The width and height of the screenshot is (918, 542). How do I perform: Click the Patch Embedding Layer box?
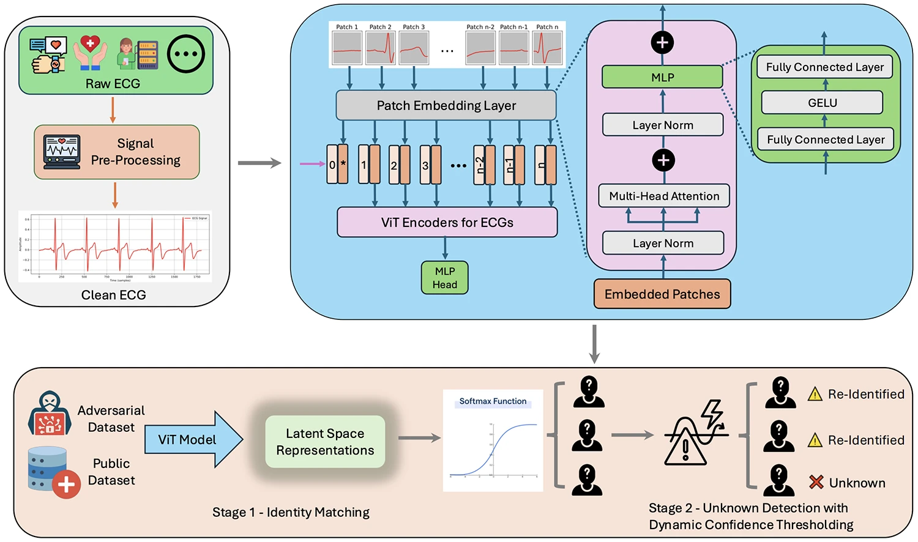click(x=446, y=105)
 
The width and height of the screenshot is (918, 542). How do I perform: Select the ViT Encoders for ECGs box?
click(x=447, y=222)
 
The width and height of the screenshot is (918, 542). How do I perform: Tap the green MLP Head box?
click(x=444, y=278)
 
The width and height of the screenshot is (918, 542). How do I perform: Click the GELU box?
click(x=822, y=103)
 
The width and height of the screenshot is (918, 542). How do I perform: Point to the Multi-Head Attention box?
click(x=664, y=196)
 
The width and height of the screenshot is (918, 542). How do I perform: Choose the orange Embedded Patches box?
click(x=662, y=294)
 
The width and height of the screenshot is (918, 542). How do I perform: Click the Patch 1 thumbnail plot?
click(x=347, y=48)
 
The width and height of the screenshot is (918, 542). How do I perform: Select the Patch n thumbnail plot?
click(x=547, y=48)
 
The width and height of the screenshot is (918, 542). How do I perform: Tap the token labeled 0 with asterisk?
click(x=337, y=165)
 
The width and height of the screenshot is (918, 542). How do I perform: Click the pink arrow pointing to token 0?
click(x=312, y=164)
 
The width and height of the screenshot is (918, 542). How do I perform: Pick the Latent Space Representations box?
click(x=325, y=442)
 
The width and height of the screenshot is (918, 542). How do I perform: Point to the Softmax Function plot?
click(x=493, y=440)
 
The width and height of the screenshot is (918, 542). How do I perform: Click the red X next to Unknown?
click(x=816, y=482)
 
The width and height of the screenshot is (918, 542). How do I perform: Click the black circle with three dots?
click(x=186, y=54)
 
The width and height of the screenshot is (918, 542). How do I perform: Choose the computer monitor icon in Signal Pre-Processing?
click(x=62, y=152)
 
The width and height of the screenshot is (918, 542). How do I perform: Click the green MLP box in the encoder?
click(x=662, y=78)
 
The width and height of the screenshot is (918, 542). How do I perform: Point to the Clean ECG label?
click(x=113, y=295)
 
